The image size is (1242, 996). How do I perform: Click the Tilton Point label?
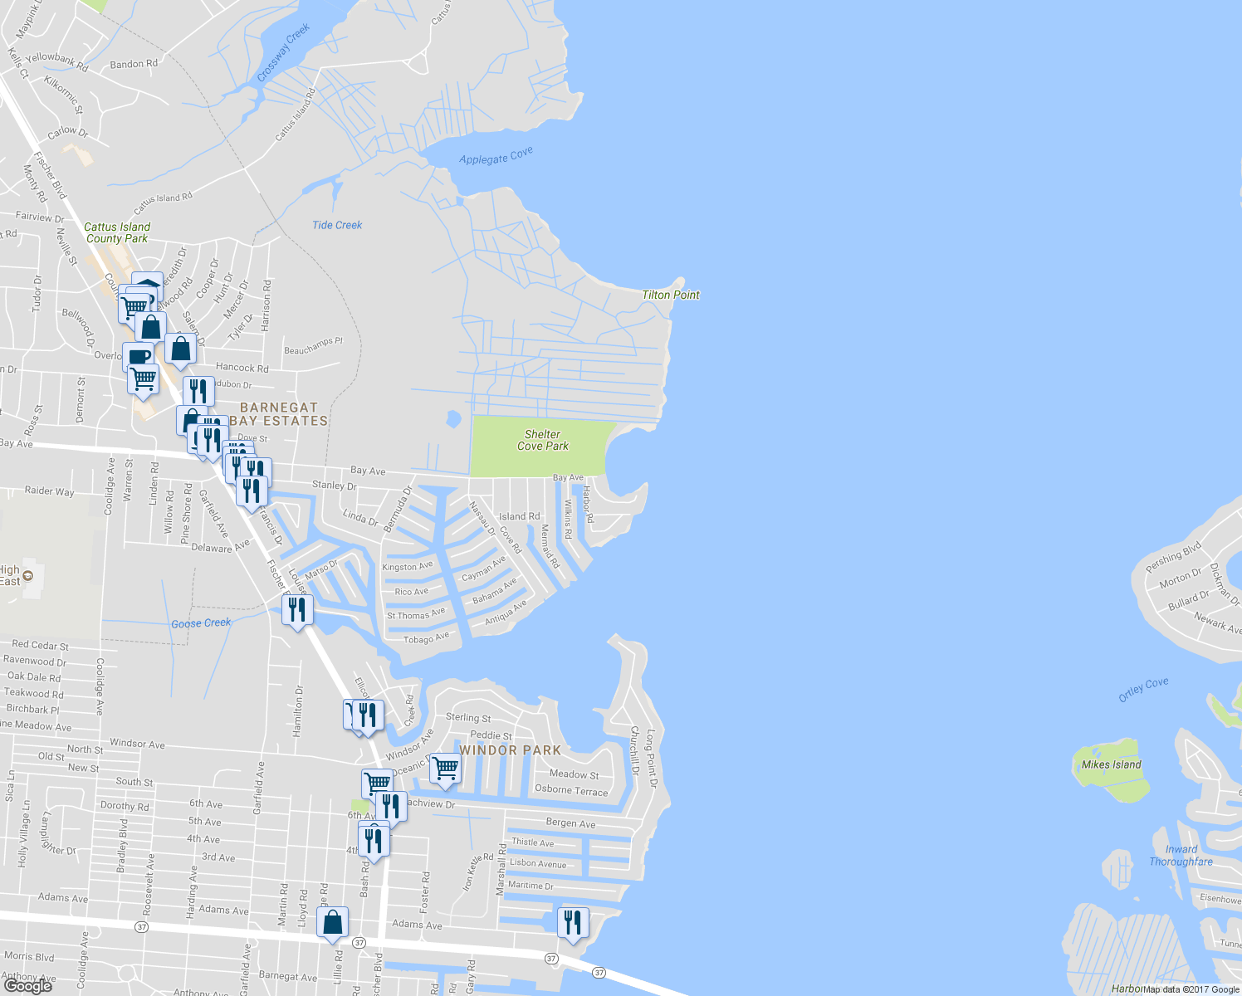pyautogui.click(x=670, y=295)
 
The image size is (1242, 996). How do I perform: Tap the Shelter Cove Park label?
pyautogui.click(x=543, y=440)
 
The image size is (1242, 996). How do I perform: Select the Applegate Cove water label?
pyautogui.click(x=496, y=156)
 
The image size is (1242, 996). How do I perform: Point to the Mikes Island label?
pyautogui.click(x=1111, y=764)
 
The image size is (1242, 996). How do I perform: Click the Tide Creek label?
pyautogui.click(x=337, y=225)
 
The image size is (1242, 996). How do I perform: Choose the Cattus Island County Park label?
pyautogui.click(x=117, y=232)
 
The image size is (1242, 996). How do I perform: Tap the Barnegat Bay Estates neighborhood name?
pyautogui.click(x=279, y=414)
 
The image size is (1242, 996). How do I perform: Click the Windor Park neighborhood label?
pyautogui.click(x=510, y=750)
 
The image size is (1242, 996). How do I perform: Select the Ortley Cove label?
pyautogui.click(x=1143, y=689)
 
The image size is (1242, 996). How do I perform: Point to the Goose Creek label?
pyautogui.click(x=201, y=623)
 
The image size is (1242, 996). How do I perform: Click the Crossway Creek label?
pyautogui.click(x=283, y=52)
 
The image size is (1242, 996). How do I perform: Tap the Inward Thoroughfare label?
pyautogui.click(x=1181, y=855)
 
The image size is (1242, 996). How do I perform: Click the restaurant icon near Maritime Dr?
pyautogui.click(x=573, y=922)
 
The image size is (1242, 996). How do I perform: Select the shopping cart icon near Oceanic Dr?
pyautogui.click(x=445, y=768)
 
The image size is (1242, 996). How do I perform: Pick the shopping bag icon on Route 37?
pyautogui.click(x=332, y=922)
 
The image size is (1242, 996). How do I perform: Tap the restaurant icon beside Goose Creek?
pyautogui.click(x=297, y=609)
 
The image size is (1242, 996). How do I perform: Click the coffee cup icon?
pyautogui.click(x=139, y=356)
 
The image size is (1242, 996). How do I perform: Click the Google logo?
pyautogui.click(x=28, y=985)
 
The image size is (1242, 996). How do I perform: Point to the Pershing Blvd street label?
pyautogui.click(x=1173, y=557)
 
